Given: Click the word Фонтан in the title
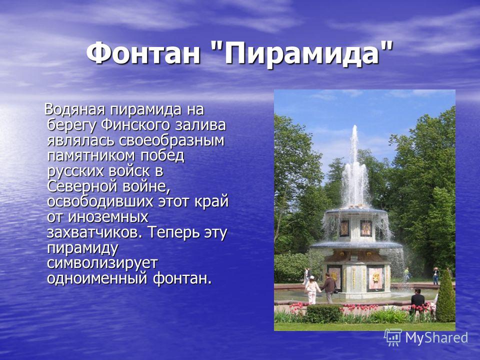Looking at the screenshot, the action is click(x=143, y=52).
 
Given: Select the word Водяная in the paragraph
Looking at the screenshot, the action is click(x=75, y=109).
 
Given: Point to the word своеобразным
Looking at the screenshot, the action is click(x=171, y=140).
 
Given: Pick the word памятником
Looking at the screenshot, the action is click(x=91, y=156).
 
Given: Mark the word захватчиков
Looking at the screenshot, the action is click(x=94, y=232).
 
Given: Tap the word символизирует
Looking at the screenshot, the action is click(x=102, y=263).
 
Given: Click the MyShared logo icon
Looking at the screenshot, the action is click(x=393, y=337).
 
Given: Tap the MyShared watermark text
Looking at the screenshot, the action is click(x=436, y=337).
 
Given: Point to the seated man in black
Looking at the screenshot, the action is click(x=417, y=297).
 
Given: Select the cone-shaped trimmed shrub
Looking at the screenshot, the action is click(x=445, y=296).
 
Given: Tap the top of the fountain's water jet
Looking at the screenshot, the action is click(x=355, y=126).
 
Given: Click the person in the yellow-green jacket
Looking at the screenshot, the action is click(x=406, y=274).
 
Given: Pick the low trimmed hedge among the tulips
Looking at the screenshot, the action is click(x=324, y=314).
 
